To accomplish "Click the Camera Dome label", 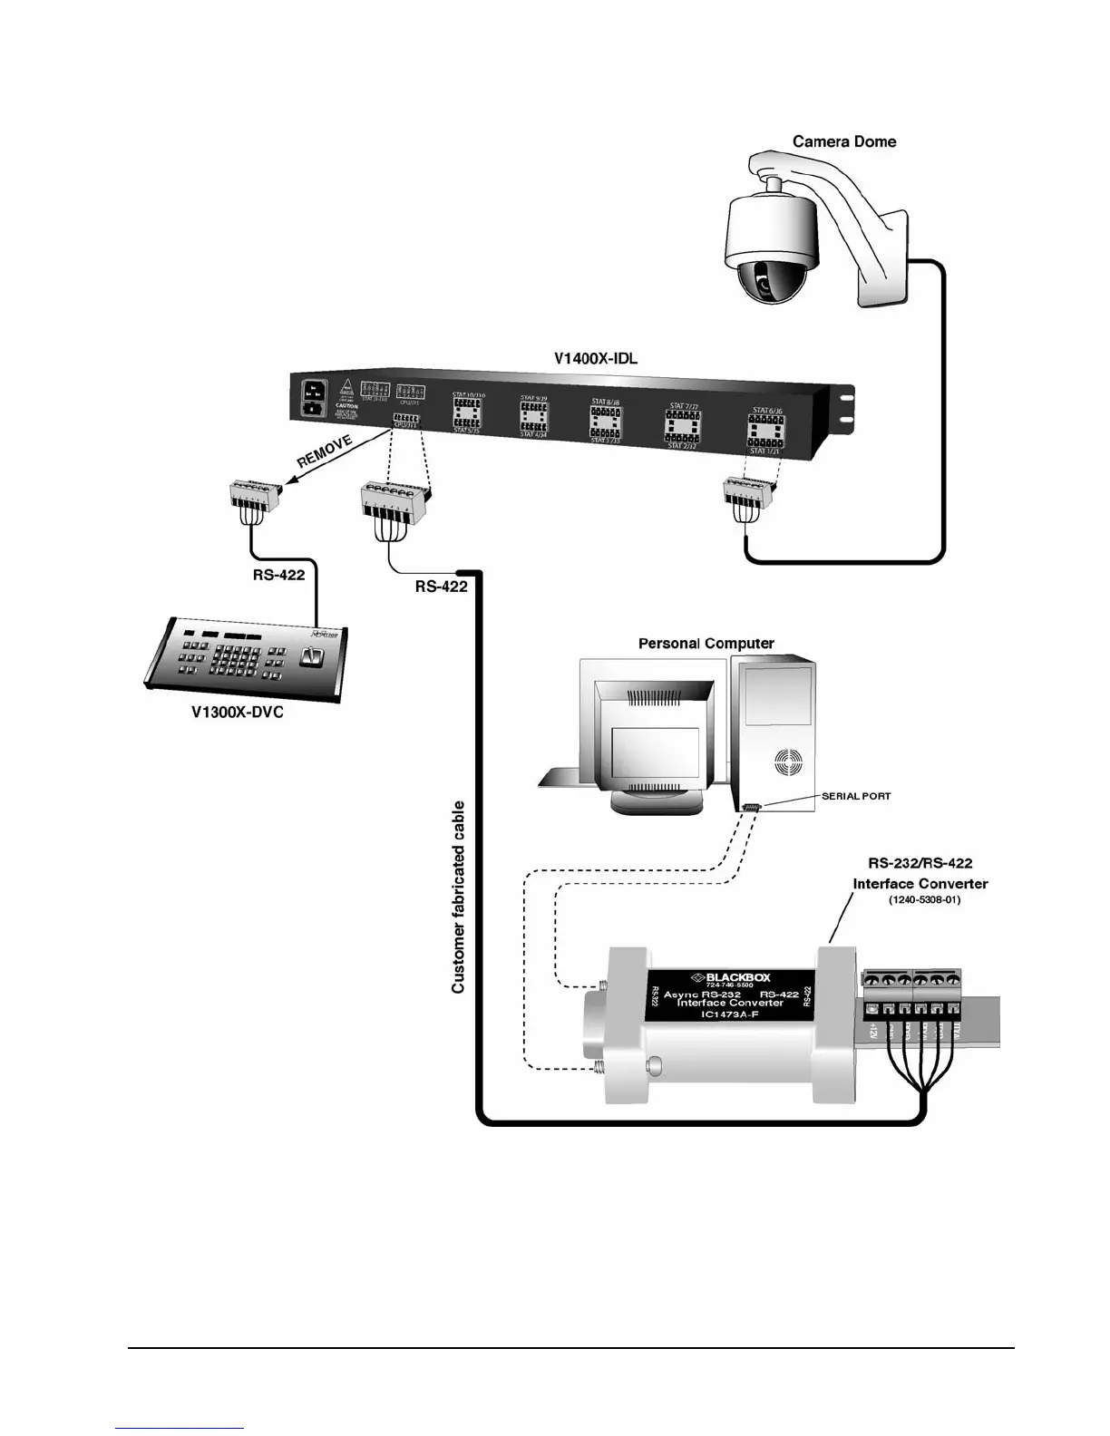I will click(x=843, y=141).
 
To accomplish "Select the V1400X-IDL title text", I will click(x=596, y=358).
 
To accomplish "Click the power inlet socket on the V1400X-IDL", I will click(x=315, y=398).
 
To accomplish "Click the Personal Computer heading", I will click(x=706, y=644).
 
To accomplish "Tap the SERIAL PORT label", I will click(x=856, y=796).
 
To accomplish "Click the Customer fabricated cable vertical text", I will click(x=459, y=897).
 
